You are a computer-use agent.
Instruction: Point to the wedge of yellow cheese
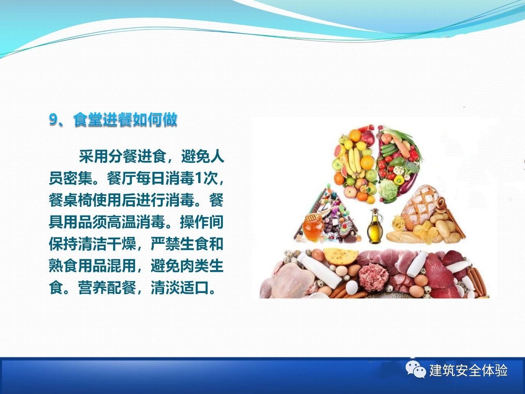(341, 256)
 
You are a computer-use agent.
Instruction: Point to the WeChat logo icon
(416, 370)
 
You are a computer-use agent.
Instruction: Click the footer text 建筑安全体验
(468, 371)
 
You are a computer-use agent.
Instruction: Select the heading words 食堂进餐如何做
(125, 119)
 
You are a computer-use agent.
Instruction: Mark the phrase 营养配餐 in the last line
(107, 288)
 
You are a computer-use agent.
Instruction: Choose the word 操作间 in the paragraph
(202, 222)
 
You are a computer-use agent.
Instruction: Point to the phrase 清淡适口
(180, 288)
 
